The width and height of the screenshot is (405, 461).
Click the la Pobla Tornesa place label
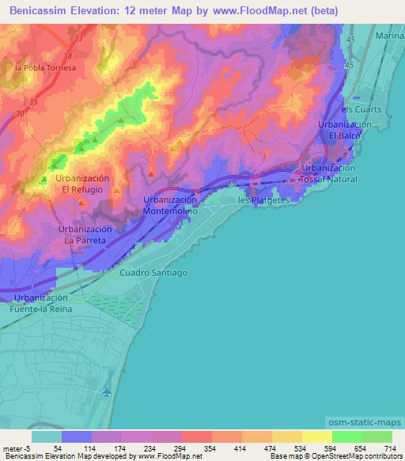45,68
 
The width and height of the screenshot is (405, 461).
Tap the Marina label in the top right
389,36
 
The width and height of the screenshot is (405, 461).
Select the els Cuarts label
361,109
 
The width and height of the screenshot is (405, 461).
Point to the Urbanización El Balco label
345,131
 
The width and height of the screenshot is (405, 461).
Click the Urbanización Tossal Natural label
329,173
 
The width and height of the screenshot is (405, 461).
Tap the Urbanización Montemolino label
169,207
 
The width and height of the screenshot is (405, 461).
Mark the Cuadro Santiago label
153,272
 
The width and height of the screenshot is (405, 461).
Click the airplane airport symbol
107,391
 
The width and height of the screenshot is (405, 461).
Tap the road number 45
351,39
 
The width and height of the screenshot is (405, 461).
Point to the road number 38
69,56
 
